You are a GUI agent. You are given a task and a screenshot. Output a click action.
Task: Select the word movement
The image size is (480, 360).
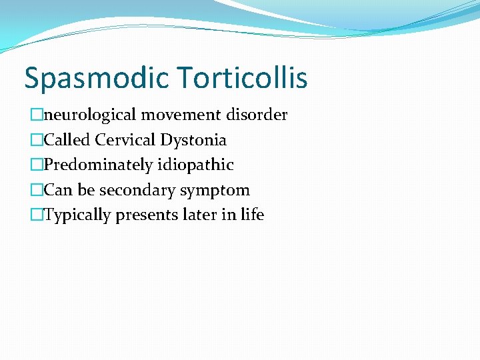[x=183, y=115]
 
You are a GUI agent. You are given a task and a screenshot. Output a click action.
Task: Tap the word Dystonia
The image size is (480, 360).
[x=193, y=141]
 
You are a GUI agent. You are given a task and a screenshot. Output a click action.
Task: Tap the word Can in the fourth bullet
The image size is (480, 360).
[x=58, y=190]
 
